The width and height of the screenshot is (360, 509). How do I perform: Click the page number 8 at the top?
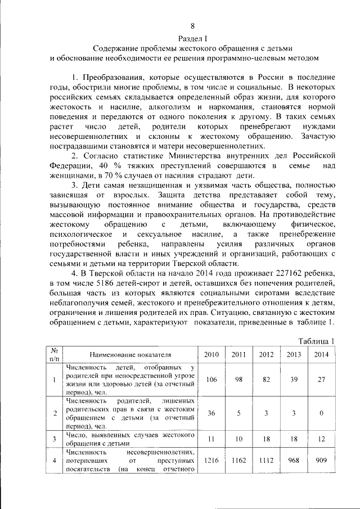point(192,26)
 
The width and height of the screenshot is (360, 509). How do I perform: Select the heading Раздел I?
point(192,38)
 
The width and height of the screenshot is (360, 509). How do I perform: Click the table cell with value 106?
point(211,380)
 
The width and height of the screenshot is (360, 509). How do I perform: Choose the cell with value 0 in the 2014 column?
point(321,413)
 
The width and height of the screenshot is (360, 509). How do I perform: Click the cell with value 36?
point(211,413)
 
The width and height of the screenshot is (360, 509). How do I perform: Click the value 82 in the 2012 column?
point(266,380)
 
